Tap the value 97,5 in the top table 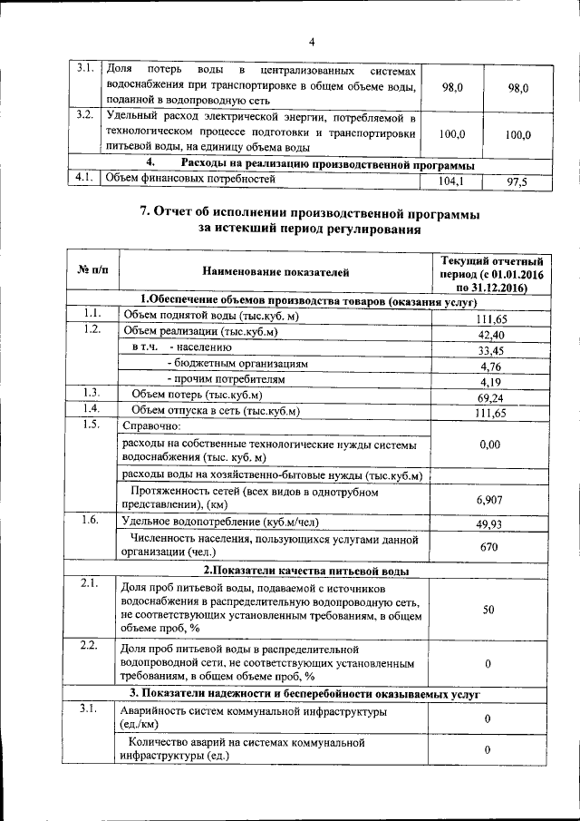tap(517, 182)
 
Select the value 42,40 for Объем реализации tap(489, 335)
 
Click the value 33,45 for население tap(489, 351)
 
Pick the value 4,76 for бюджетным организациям tap(489, 367)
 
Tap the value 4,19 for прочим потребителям tap(489, 382)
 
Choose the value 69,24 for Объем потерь tap(489, 398)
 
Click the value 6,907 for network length tap(489, 500)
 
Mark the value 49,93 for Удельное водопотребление tap(489, 524)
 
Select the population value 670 tap(489, 547)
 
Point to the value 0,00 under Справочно tap(489, 445)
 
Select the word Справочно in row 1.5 tap(151, 425)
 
